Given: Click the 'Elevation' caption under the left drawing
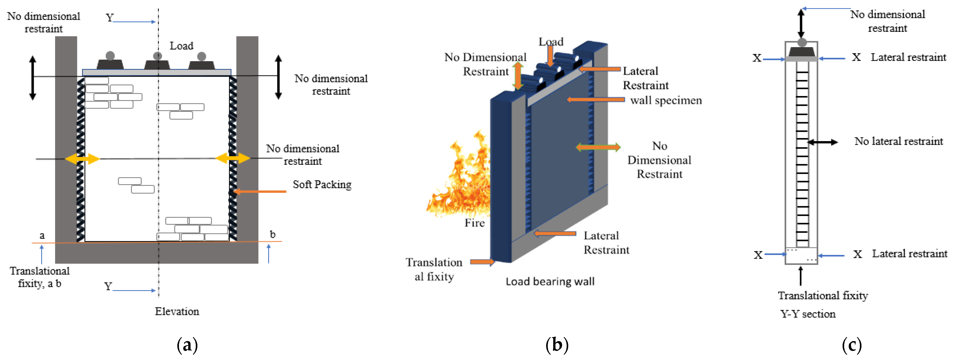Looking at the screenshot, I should (x=177, y=311).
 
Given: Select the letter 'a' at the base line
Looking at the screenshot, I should (x=42, y=236).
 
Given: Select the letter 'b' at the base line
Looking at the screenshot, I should (x=273, y=234).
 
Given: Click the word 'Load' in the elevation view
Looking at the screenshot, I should (x=181, y=46).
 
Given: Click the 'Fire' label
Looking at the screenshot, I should (x=474, y=223).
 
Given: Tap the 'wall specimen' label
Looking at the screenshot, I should (x=666, y=100).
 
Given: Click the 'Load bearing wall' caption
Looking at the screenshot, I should (x=550, y=281).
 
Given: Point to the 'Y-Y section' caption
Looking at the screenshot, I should (x=808, y=314).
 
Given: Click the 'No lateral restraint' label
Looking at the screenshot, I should (x=899, y=141).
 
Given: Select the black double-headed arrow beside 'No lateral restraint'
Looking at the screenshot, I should (x=823, y=142).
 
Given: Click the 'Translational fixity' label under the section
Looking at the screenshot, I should (x=823, y=295).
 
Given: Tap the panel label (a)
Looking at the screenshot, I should (x=187, y=345).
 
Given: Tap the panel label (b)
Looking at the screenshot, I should (x=557, y=345).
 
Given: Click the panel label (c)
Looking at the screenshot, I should (x=852, y=345).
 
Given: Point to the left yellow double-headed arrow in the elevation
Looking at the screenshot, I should (x=82, y=159).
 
